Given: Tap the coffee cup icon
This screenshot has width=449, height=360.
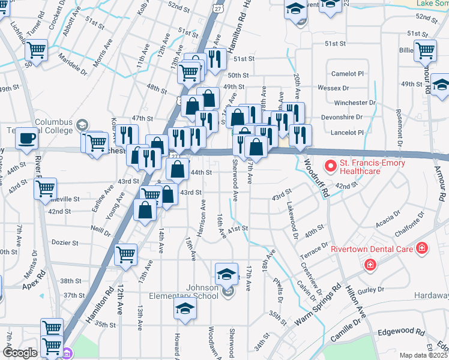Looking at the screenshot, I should point(27,139).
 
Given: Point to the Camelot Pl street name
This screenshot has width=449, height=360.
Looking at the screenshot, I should point(348,73).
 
